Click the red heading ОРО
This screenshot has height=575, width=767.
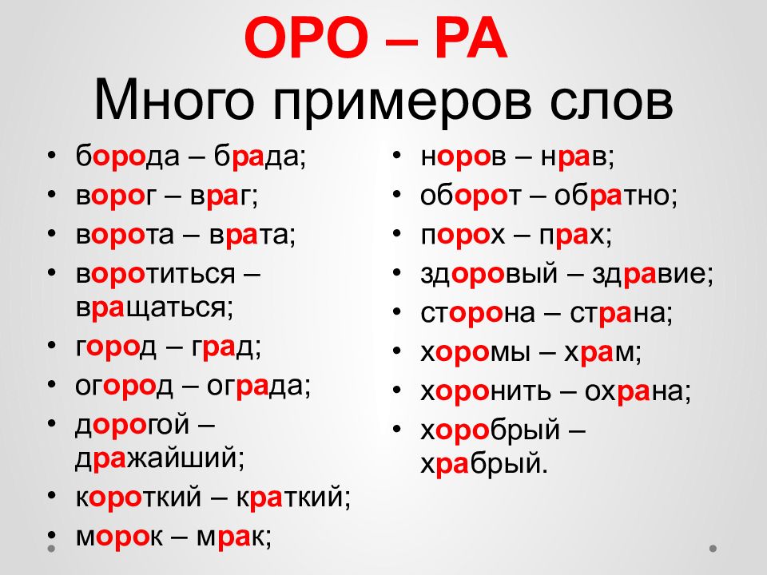click(x=306, y=38)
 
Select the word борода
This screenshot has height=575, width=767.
click(x=128, y=156)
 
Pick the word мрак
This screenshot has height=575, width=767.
click(x=230, y=537)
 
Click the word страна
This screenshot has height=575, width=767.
click(x=618, y=314)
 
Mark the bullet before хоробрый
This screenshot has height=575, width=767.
click(x=397, y=429)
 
